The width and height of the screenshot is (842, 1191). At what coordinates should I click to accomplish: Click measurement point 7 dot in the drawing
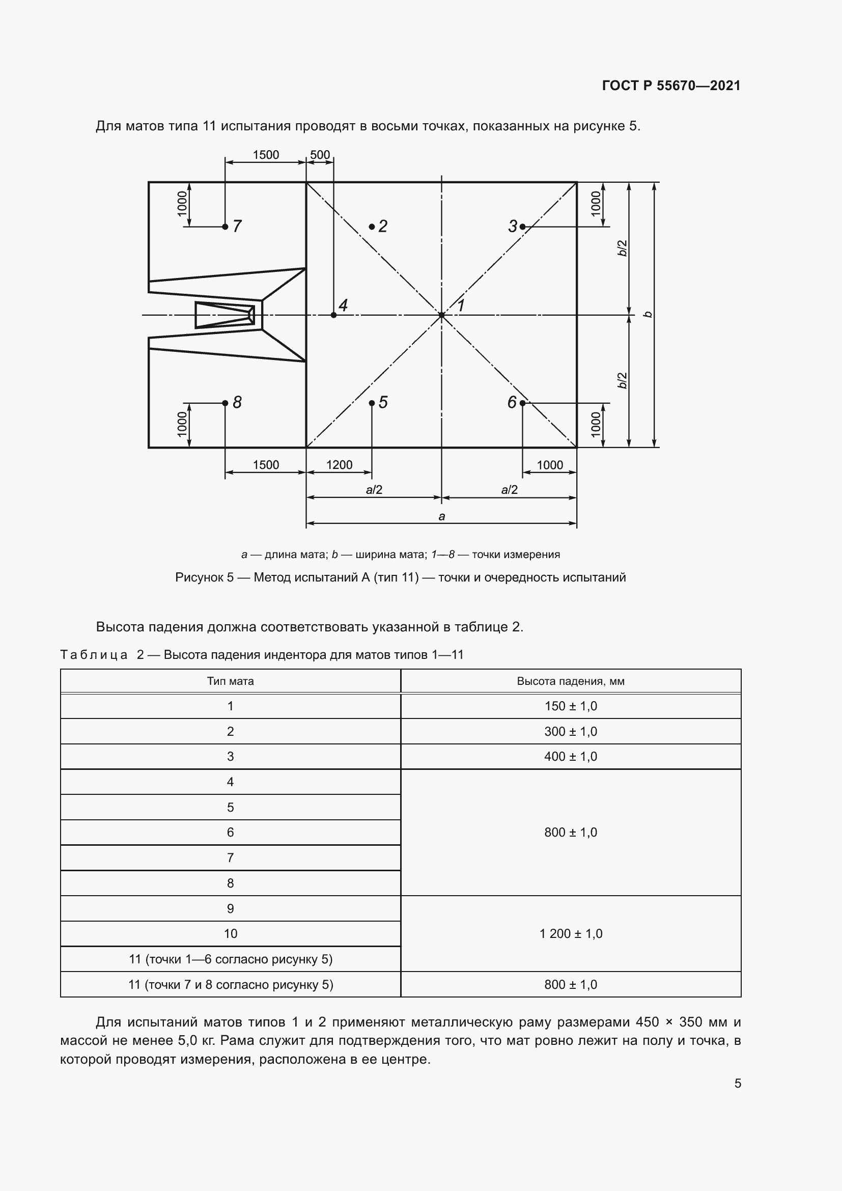coord(225,227)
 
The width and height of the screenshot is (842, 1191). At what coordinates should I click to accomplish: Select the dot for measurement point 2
coord(372,227)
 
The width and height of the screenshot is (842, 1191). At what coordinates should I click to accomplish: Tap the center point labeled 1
coord(442,315)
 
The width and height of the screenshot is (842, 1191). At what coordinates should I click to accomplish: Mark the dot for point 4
coord(333,315)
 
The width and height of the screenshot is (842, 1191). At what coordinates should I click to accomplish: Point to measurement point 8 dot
coord(225,403)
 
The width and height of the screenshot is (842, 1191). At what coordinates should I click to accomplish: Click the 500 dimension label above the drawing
coord(320,155)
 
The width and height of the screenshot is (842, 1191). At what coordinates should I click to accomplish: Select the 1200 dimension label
coord(339,465)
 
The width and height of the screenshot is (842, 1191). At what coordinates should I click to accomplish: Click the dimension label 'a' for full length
coord(442,516)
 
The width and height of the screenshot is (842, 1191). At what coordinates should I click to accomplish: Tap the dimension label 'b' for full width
coord(648,314)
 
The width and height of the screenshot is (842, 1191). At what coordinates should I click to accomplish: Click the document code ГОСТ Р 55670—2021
coord(671,86)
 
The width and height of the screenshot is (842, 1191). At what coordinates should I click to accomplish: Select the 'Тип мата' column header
coord(230,681)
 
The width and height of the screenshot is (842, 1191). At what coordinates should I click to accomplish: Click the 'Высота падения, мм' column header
coord(570,681)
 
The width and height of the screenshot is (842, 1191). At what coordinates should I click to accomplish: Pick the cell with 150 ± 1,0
coord(570,706)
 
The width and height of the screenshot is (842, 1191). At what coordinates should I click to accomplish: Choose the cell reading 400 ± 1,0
coord(570,756)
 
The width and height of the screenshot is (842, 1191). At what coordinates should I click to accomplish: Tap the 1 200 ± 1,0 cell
coord(570,934)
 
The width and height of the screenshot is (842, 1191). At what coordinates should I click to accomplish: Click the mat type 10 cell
coord(230,934)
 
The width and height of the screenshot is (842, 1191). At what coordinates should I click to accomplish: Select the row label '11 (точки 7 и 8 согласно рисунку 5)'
coord(230,985)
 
